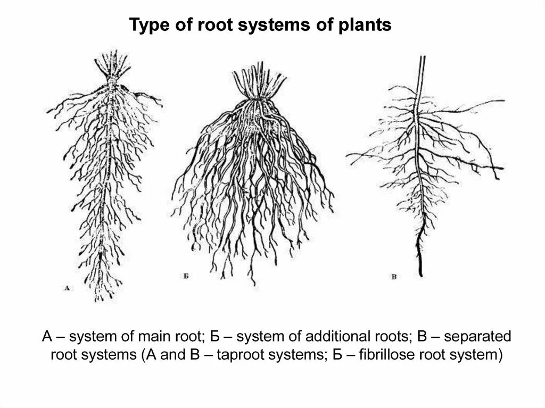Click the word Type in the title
[x=147, y=25]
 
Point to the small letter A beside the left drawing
[x=67, y=288]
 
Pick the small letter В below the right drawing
[x=393, y=277]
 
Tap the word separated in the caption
[x=477, y=337]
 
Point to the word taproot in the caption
[x=243, y=355]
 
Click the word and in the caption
[x=171, y=355]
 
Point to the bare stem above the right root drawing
[x=422, y=74]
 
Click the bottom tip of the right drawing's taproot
[x=420, y=274]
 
